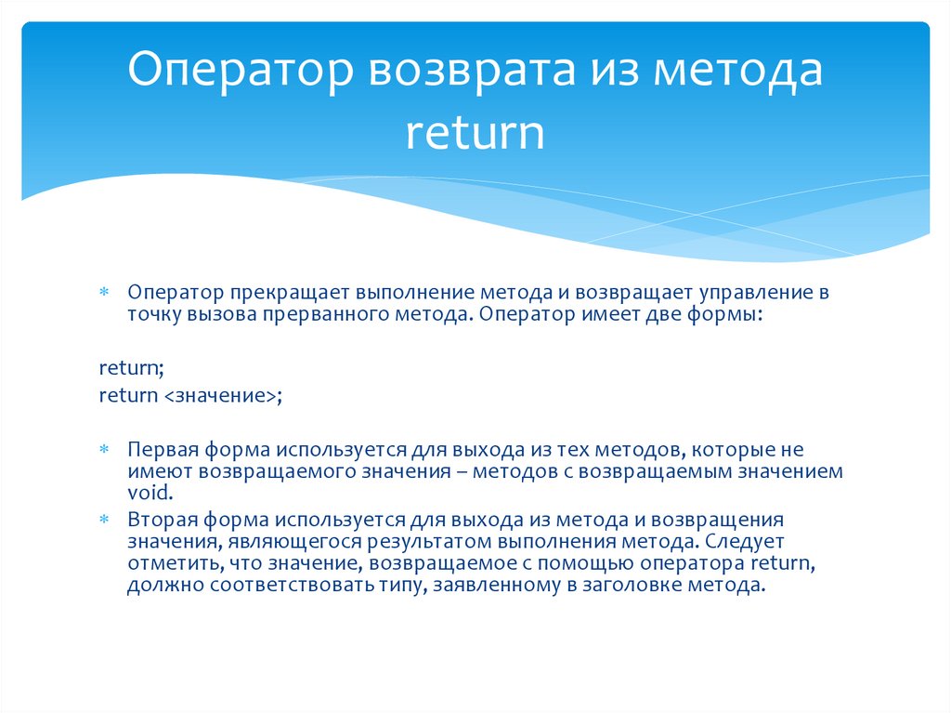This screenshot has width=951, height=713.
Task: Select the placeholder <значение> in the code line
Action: pos(219,395)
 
